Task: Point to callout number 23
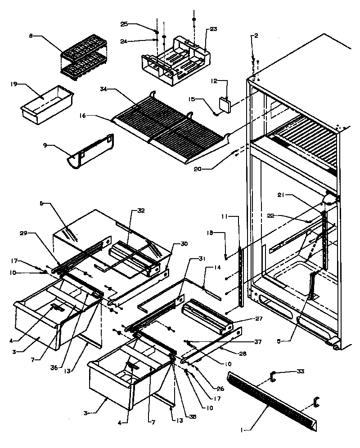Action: pyautogui.click(x=213, y=29)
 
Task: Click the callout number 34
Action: pyautogui.click(x=103, y=90)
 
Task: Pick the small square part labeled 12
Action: pyautogui.click(x=224, y=103)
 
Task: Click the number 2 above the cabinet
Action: pyautogui.click(x=256, y=36)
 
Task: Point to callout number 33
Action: pyautogui.click(x=301, y=372)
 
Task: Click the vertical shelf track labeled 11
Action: pyautogui.click(x=243, y=279)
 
